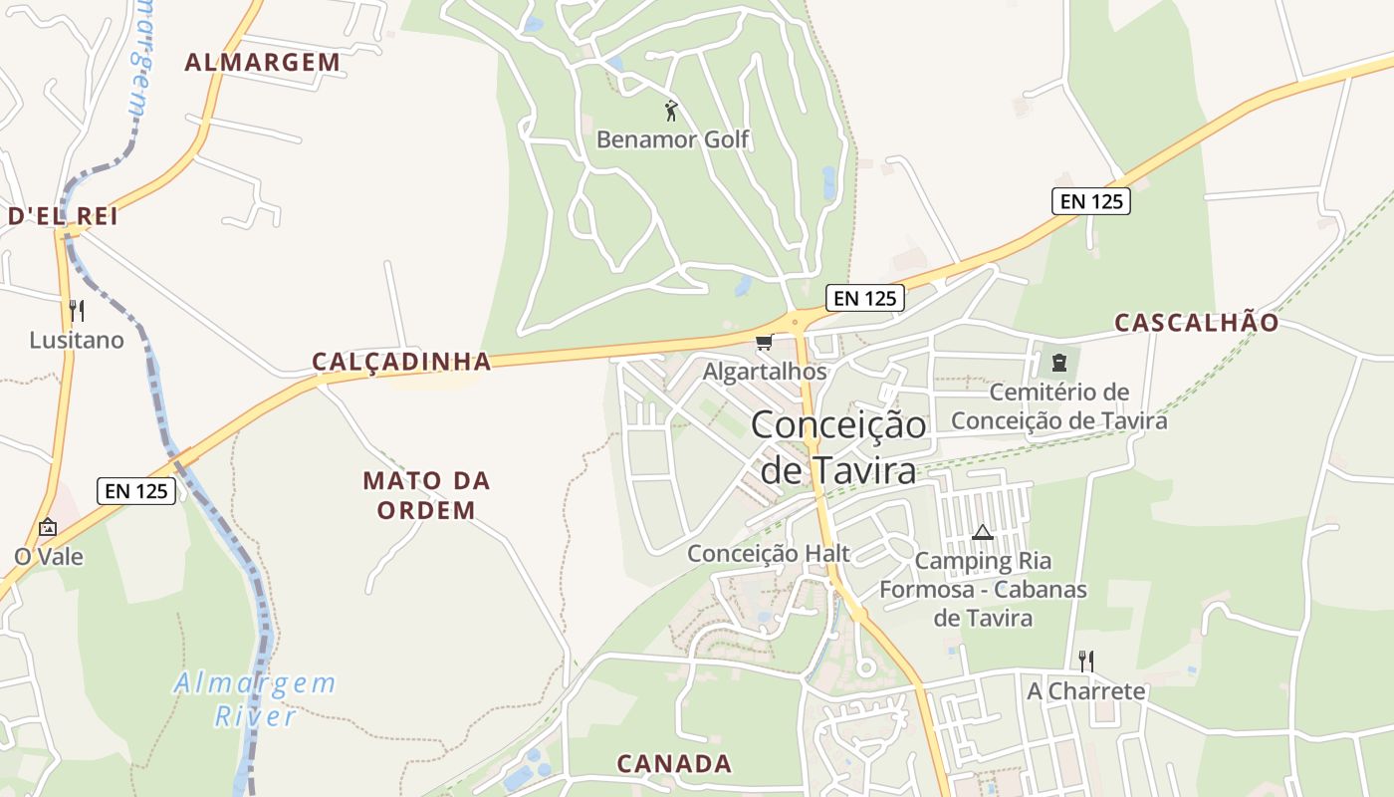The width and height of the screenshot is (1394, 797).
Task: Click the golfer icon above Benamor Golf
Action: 671,110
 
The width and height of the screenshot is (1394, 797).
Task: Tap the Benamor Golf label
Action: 672,139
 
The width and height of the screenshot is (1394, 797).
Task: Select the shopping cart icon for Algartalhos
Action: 764,343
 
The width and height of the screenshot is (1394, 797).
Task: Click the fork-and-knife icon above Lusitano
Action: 77,310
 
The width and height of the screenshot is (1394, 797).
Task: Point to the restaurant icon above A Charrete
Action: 1085,661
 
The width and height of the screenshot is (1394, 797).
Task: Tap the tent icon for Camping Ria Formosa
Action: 983,532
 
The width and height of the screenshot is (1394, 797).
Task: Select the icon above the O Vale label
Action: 47,527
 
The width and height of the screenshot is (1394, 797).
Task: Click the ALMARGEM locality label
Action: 263,63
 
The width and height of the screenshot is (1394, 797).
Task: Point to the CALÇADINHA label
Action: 401,362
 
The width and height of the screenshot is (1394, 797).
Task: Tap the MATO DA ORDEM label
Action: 426,495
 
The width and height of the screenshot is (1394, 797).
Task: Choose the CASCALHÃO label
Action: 1196,323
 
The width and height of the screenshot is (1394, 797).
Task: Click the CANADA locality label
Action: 674,764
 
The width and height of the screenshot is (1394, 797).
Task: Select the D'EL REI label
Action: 63,216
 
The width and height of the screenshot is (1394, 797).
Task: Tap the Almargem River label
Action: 255,699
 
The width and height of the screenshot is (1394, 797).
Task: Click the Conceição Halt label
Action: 768,553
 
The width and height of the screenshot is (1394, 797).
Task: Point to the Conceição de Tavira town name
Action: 838,446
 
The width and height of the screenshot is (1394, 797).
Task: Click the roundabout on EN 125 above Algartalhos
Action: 798,320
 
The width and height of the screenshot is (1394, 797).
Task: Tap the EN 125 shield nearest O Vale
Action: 136,490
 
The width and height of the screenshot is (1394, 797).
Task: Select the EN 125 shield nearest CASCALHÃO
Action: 1090,200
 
